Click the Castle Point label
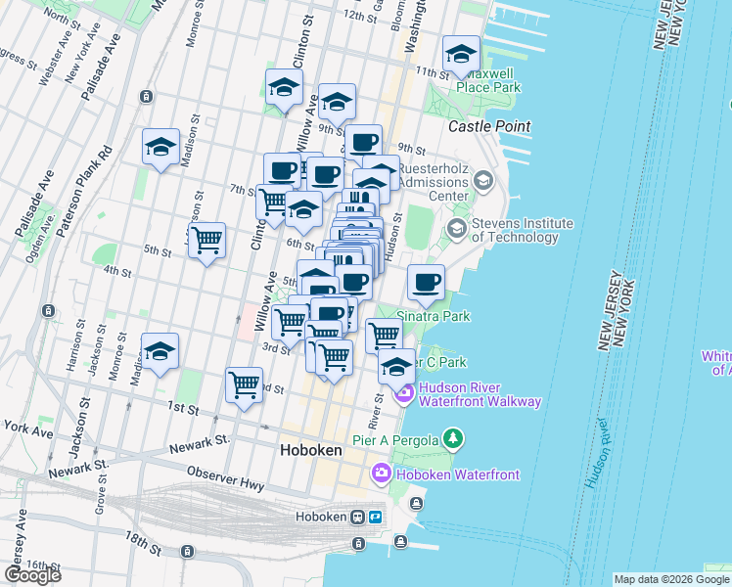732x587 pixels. coord(489,126)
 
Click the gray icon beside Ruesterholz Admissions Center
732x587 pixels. coord(482,180)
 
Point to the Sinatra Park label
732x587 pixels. coord(434,316)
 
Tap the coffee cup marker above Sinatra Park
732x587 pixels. coord(426,283)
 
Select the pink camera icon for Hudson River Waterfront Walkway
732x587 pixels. coord(403,393)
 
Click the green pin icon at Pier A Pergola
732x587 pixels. coord(452,437)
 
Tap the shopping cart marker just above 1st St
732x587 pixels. coord(244,384)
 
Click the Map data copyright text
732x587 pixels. coord(671,579)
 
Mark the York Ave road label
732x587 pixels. coord(26,428)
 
